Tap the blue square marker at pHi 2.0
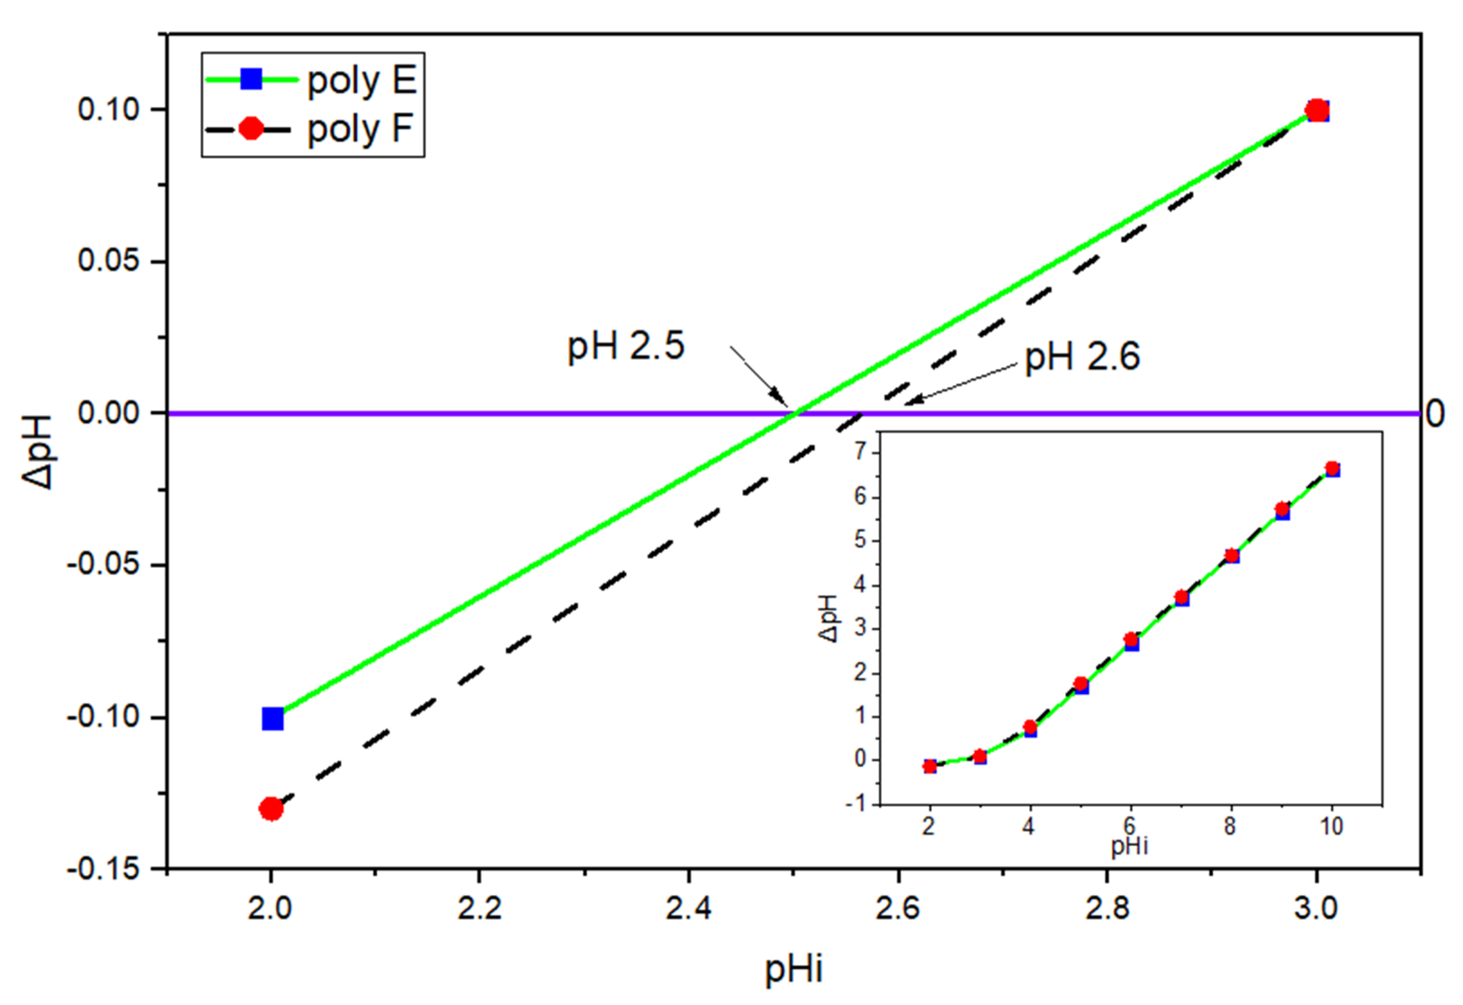[x=273, y=719]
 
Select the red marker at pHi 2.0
[x=271, y=809]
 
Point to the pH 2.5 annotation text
[x=626, y=346]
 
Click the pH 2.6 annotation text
[x=1082, y=357]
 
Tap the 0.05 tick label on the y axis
[x=108, y=261]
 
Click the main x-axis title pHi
[x=793, y=969]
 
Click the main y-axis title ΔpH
[x=38, y=451]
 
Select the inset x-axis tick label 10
[x=1331, y=826]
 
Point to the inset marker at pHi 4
[x=1030, y=728]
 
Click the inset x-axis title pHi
[x=1129, y=846]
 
